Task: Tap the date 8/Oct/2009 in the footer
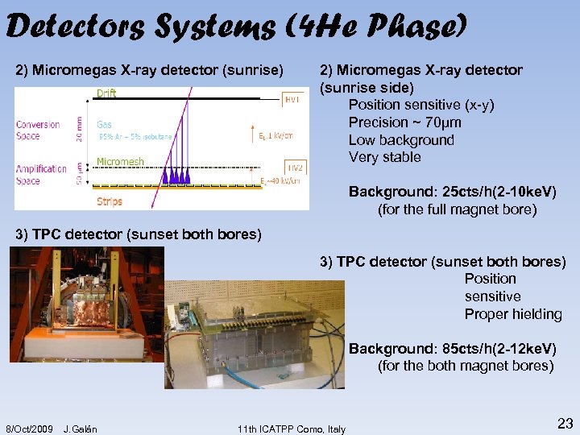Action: tap(30, 429)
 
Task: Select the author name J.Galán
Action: tap(80, 429)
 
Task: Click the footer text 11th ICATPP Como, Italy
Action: tap(292, 429)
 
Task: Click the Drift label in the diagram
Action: tap(106, 93)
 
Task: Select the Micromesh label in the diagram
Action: tap(120, 162)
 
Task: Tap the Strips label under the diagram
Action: tap(110, 201)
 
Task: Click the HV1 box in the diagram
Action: tap(294, 98)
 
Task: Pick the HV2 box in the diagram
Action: tap(294, 168)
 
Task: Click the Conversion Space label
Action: tap(38, 130)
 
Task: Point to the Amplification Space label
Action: tap(41, 174)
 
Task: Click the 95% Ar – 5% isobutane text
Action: tap(135, 137)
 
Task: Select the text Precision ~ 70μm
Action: tap(404, 122)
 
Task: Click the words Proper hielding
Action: tap(513, 314)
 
